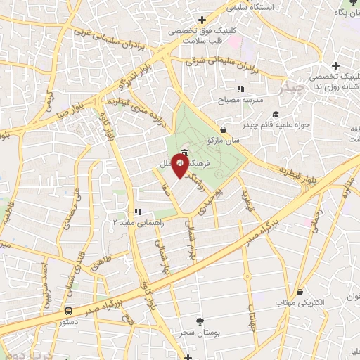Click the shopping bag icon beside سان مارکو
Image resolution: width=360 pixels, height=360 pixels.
(x=224, y=129)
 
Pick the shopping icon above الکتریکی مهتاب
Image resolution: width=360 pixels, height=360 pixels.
(x=300, y=292)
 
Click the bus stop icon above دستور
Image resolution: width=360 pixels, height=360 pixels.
(x=68, y=310)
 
